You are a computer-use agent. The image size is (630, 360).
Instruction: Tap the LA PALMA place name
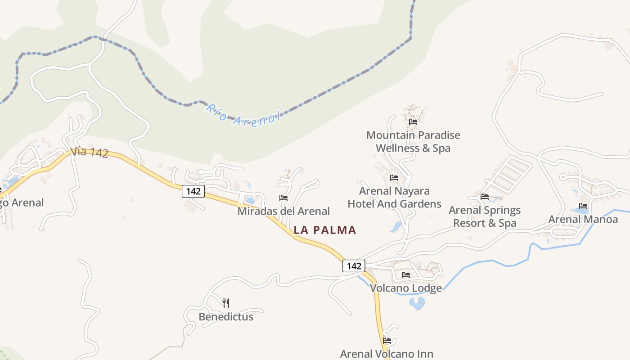pyautogui.click(x=325, y=230)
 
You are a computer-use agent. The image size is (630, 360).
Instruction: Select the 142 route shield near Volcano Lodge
pyautogui.click(x=354, y=266)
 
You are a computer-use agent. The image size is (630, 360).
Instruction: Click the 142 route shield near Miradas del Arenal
pyautogui.click(x=193, y=191)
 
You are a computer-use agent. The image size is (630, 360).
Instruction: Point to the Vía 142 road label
pyautogui.click(x=89, y=152)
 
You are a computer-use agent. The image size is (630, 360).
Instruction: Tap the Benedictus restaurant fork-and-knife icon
pyautogui.click(x=226, y=303)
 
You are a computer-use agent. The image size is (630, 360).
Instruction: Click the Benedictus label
pyautogui.click(x=226, y=317)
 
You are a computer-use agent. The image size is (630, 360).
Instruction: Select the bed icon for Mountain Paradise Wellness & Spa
pyautogui.click(x=413, y=122)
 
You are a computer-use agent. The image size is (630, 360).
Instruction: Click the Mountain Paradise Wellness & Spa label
pyautogui.click(x=413, y=141)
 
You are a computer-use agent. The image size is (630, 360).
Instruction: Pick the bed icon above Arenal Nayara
pyautogui.click(x=394, y=178)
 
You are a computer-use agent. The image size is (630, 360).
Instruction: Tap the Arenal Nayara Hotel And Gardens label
pyautogui.click(x=395, y=198)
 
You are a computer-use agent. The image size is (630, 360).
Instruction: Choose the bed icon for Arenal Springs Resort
pyautogui.click(x=485, y=197)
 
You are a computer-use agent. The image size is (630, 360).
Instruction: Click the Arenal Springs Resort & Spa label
pyautogui.click(x=485, y=216)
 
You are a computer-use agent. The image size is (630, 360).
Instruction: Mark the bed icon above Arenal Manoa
pyautogui.click(x=583, y=206)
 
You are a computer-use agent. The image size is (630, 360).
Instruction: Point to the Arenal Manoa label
pyautogui.click(x=583, y=220)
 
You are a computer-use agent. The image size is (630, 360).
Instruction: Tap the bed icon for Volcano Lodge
pyautogui.click(x=406, y=275)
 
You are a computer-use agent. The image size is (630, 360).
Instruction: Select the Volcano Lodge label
pyautogui.click(x=406, y=288)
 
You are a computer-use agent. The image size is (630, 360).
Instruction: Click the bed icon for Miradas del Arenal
pyautogui.click(x=283, y=198)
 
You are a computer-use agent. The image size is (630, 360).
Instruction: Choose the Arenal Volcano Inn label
pyautogui.click(x=387, y=354)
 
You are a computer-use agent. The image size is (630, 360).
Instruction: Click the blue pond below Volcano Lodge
pyautogui.click(x=418, y=303)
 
